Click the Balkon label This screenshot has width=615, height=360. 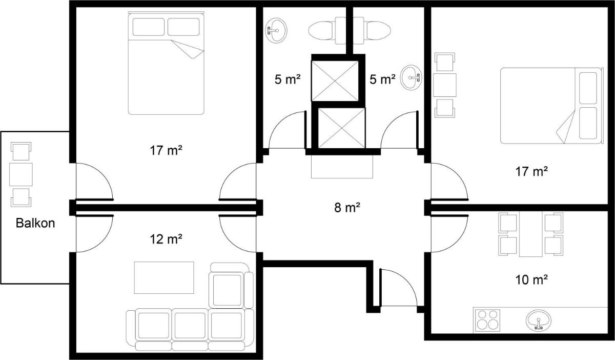(x=35, y=223)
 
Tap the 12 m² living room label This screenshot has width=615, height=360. (x=166, y=239)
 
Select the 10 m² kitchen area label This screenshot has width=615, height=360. (x=531, y=280)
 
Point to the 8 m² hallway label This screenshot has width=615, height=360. (x=347, y=208)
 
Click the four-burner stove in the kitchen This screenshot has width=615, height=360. (x=487, y=320)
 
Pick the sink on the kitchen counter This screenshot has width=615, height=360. (x=539, y=320)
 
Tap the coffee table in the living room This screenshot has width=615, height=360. (x=164, y=277)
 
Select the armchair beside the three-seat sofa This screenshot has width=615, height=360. (x=231, y=286)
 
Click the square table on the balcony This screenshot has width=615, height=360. (x=21, y=174)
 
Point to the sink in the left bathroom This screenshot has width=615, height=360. (x=276, y=30)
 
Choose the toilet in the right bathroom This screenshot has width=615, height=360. (x=372, y=30)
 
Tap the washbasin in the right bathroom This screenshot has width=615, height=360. (x=411, y=77)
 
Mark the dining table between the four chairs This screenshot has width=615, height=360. (x=531, y=234)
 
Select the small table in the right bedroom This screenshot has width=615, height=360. (x=445, y=85)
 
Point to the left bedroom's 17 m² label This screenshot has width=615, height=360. (x=166, y=151)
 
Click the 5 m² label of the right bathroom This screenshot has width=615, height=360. (x=382, y=79)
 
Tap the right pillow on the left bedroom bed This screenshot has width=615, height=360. (x=183, y=27)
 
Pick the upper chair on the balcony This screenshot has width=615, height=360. (x=21, y=151)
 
